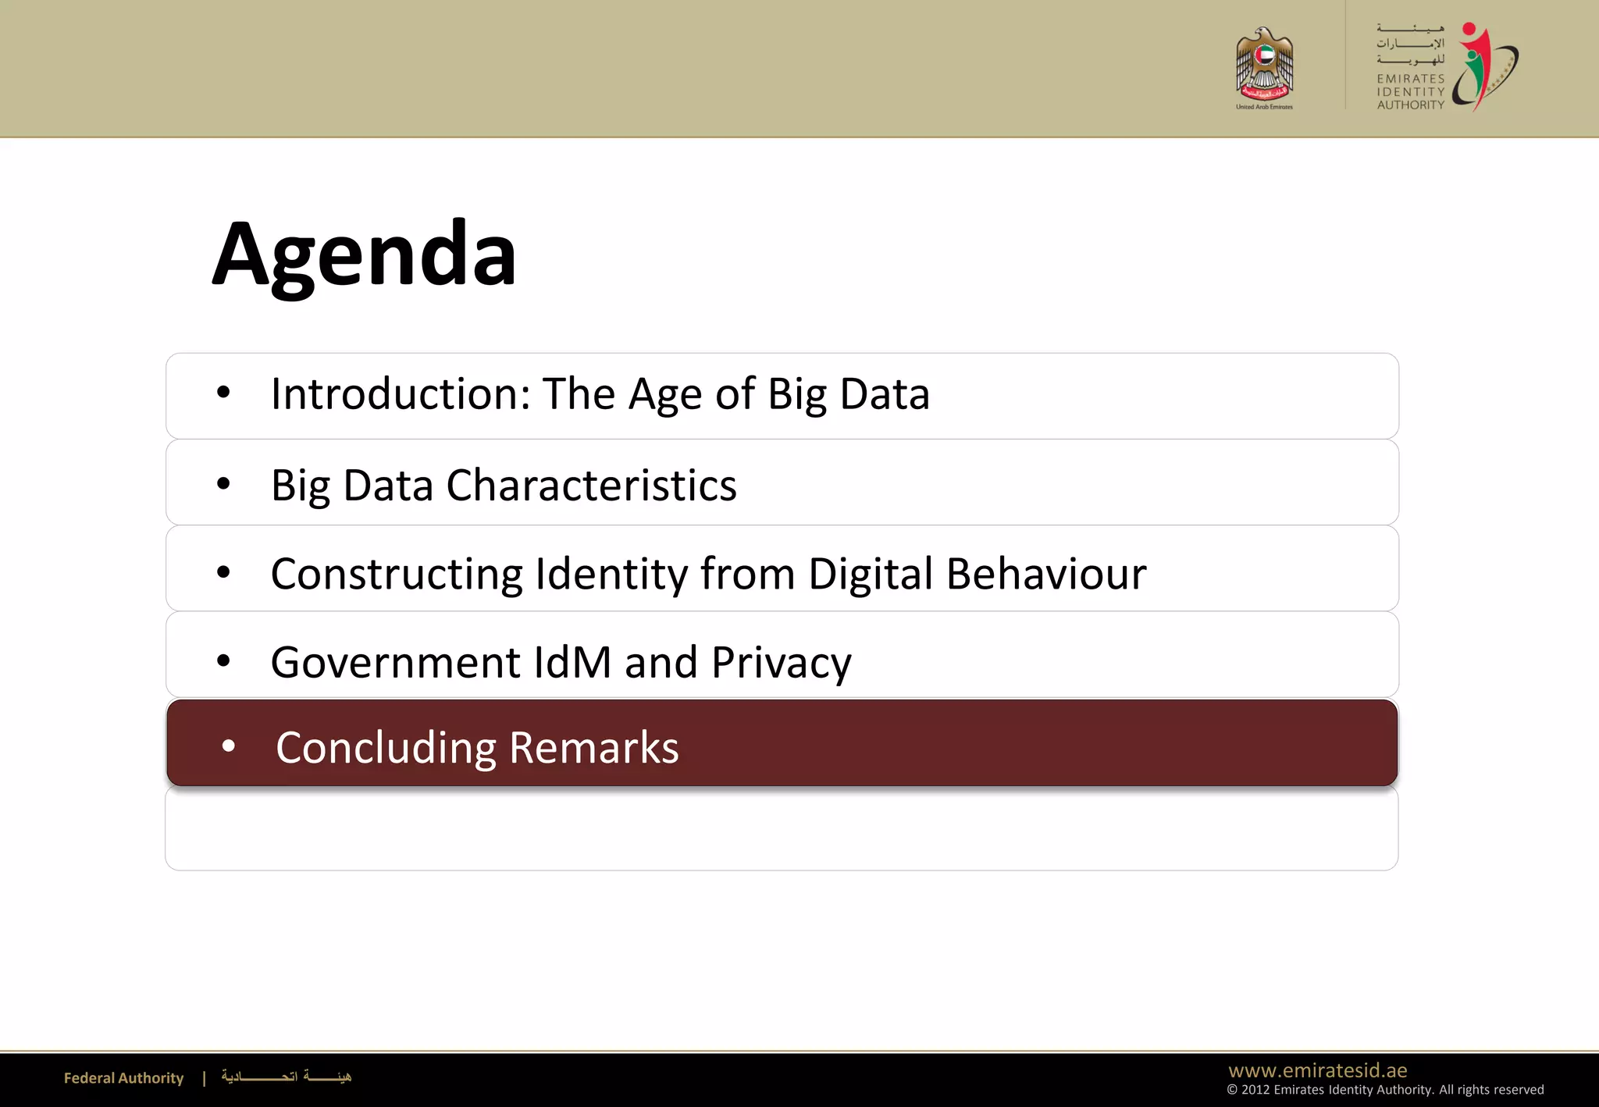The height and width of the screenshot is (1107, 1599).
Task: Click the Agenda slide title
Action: click(364, 255)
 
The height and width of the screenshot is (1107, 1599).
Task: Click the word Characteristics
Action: click(591, 485)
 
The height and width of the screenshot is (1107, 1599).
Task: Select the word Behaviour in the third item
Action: click(1046, 574)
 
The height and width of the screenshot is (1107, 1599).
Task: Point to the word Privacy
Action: click(781, 663)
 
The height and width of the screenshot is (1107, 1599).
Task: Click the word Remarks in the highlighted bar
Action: click(593, 748)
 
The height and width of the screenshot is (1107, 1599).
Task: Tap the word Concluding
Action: click(386, 748)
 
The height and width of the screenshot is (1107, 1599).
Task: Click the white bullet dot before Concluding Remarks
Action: click(228, 746)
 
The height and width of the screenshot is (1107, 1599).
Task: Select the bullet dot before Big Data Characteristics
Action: click(223, 484)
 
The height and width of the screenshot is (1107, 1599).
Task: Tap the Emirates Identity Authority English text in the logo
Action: click(1410, 91)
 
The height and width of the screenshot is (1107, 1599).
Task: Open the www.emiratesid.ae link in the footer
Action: click(1317, 1070)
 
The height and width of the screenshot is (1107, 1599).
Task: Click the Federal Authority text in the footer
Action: click(123, 1078)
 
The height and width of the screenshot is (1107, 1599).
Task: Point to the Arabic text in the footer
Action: click(286, 1077)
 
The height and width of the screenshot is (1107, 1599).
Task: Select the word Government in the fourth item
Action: click(395, 662)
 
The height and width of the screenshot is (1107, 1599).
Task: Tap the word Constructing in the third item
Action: click(396, 574)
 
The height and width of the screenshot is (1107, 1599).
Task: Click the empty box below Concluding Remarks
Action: click(781, 829)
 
